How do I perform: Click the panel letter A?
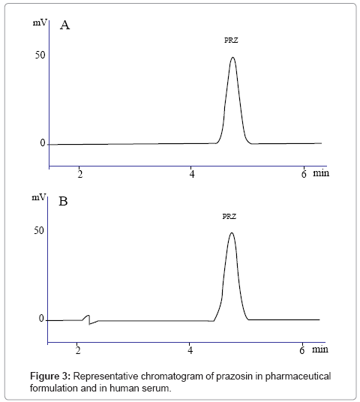[64, 25]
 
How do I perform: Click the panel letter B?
[63, 201]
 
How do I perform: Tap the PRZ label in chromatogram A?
[231, 40]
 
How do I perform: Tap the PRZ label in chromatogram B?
[229, 217]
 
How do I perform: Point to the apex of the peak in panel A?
[232, 57]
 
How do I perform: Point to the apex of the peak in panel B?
[232, 232]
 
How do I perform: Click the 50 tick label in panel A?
[40, 55]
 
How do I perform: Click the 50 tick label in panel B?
[39, 231]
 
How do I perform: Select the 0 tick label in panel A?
[43, 143]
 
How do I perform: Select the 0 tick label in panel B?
[41, 319]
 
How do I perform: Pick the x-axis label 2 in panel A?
[80, 174]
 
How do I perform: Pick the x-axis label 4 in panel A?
[192, 174]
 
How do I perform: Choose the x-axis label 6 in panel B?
[302, 350]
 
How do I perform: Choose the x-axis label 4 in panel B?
[190, 350]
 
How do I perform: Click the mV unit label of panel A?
[40, 22]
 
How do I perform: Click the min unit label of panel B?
[320, 349]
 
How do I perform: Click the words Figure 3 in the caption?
[50, 376]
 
